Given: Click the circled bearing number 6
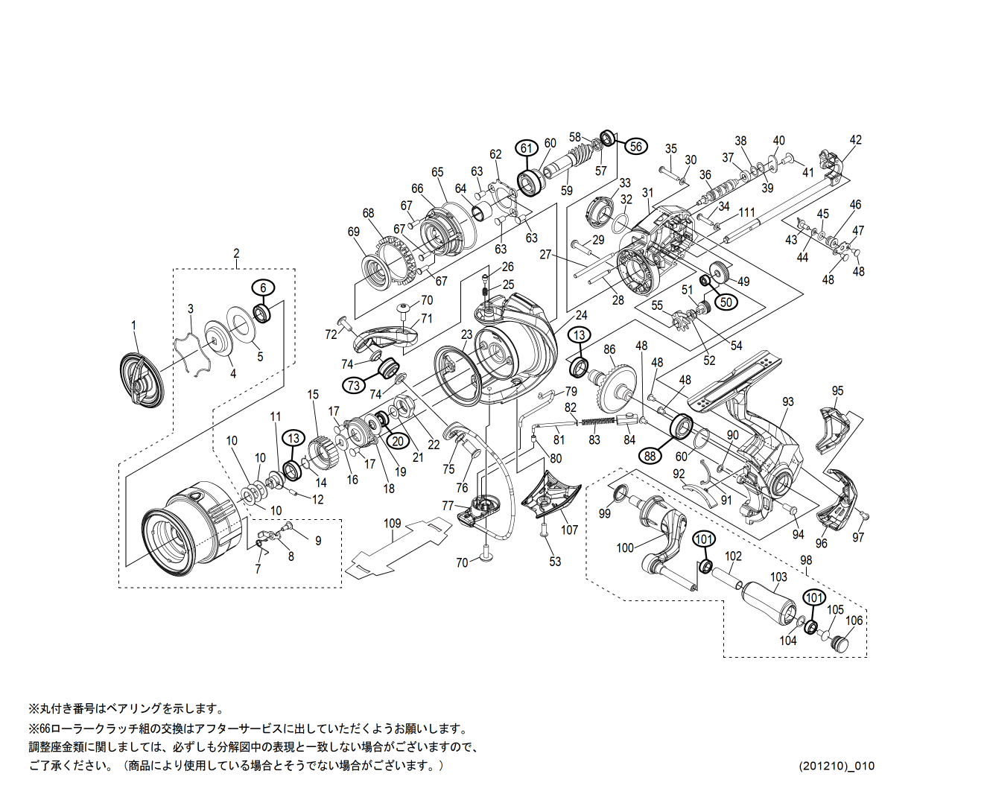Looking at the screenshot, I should (x=263, y=288).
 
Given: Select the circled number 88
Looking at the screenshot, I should (x=650, y=455).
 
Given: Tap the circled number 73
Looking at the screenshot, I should (x=354, y=385).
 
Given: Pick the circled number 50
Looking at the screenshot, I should (x=727, y=302).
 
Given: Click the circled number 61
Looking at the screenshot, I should (x=527, y=148).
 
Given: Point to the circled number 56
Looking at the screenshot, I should (x=635, y=147).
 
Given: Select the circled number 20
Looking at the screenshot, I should (x=398, y=441).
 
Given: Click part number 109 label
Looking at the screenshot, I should (x=393, y=524).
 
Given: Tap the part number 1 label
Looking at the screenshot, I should (x=134, y=325).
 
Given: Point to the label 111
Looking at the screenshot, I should (x=747, y=212).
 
